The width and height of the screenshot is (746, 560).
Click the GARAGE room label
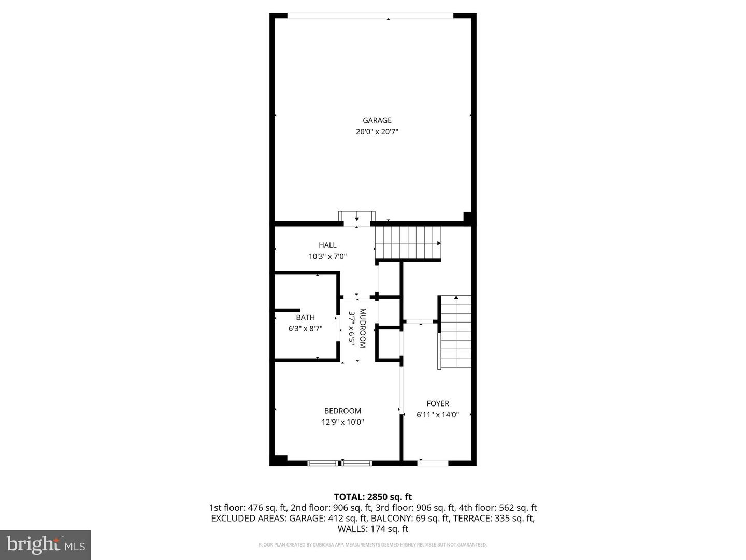click(377, 120)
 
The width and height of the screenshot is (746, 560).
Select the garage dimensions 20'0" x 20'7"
click(377, 132)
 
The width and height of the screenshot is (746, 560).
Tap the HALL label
click(327, 245)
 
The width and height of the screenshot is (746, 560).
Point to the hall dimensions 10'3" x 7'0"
click(327, 256)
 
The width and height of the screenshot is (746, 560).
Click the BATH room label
click(305, 317)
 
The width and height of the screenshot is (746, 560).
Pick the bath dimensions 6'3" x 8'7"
click(305, 328)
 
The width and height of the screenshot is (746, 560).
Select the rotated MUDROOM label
click(362, 328)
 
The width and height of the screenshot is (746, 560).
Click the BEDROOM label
click(342, 411)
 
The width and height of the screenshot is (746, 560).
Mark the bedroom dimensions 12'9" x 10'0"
click(342, 422)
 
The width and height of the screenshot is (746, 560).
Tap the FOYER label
click(438, 403)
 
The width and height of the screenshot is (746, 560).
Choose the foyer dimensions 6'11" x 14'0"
click(438, 415)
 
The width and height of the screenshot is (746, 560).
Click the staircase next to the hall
click(408, 243)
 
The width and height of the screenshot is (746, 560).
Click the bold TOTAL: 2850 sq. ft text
click(372, 497)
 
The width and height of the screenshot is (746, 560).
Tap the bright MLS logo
click(46, 544)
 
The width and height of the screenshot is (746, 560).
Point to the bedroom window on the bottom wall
click(340, 463)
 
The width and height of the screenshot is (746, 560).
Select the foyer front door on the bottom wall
click(433, 463)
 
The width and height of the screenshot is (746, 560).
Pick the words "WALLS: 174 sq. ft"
click(372, 529)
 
